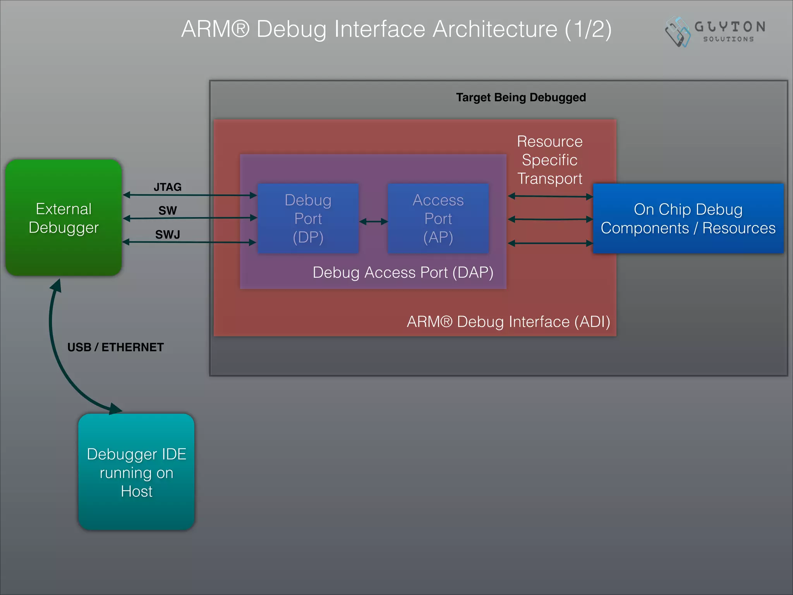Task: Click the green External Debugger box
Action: (64, 218)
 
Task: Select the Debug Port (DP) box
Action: (308, 218)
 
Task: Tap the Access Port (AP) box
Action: (438, 218)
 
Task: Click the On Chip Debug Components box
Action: (688, 218)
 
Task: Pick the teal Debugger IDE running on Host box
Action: (136, 472)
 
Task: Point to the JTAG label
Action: (167, 187)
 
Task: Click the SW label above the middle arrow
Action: (167, 210)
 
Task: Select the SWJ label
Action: (167, 234)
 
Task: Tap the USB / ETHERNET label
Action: (115, 347)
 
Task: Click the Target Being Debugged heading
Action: (521, 97)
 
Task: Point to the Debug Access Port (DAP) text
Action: (403, 272)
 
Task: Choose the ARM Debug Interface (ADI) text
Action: (508, 322)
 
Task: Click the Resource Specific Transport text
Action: (549, 160)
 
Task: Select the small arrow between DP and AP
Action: (373, 222)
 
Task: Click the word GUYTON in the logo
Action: (729, 27)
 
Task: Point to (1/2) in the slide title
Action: (588, 29)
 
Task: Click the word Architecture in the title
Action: (495, 29)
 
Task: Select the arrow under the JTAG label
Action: (190, 195)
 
